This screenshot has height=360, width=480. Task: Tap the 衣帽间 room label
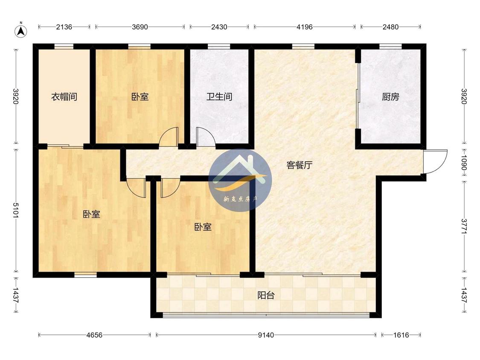point(64,97)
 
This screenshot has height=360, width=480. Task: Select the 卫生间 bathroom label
point(219,97)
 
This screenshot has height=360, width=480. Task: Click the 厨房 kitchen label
point(390,97)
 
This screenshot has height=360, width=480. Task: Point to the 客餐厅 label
point(300,165)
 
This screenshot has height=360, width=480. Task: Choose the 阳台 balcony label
point(266,296)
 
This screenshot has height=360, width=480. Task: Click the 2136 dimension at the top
point(64,27)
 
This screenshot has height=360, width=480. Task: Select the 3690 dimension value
point(140,27)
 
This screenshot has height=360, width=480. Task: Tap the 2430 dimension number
point(219,27)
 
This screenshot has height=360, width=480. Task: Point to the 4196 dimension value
point(305,27)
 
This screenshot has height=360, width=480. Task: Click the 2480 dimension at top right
point(390,27)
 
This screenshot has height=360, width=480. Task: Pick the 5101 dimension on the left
point(16,210)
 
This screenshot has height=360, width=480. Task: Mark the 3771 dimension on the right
point(464,226)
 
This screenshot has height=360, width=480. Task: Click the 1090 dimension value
point(464,163)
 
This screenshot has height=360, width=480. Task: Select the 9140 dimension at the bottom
point(266,335)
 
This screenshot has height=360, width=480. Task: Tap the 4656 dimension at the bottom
point(94,335)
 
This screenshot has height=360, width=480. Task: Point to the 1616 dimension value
point(401,335)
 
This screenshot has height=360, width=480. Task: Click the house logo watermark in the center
point(240,180)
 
